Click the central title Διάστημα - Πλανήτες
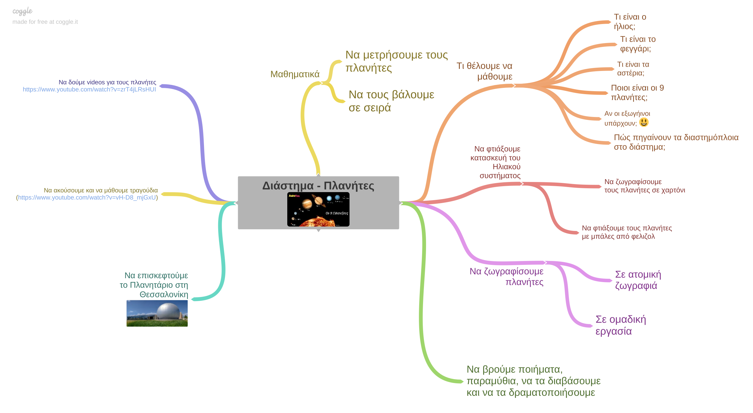point(318,186)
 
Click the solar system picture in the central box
point(318,209)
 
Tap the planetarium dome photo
point(157,313)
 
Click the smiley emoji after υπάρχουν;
point(644,122)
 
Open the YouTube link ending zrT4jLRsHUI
point(89,89)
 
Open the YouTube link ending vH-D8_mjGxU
point(87,197)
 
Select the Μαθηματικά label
point(295,74)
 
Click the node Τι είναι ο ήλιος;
point(630,22)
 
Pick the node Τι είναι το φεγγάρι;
point(637,44)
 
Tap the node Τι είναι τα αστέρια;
point(633,69)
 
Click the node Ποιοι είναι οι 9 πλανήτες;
point(637,92)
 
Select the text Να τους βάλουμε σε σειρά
point(391,101)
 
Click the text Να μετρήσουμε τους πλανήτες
point(396,61)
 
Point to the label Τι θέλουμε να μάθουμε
point(485,71)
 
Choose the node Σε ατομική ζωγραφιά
point(638,280)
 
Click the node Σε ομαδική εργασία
point(620,325)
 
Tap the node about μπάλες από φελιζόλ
point(626,232)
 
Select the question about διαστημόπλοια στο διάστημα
point(676,142)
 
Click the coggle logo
point(22,11)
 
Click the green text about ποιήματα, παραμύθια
point(533,381)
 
